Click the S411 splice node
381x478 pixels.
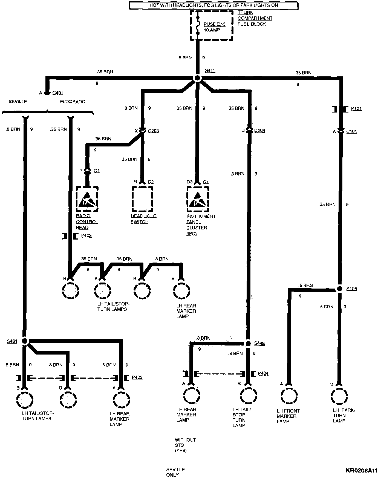tap(197, 79)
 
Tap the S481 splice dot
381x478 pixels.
tap(25, 341)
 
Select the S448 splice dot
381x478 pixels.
tap(248, 343)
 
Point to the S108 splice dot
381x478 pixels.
tap(339, 289)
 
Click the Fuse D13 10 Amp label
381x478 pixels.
tap(215, 27)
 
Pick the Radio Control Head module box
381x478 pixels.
tap(87, 199)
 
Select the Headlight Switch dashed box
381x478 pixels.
tap(143, 199)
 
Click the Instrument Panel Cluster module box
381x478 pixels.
tap(198, 199)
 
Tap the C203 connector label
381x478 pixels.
tap(153, 131)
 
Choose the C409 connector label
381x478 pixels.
tap(259, 131)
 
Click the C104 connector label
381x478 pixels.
tap(351, 132)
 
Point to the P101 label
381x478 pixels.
tap(356, 108)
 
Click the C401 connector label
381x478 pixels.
tap(58, 93)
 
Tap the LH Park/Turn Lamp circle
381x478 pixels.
tap(339, 396)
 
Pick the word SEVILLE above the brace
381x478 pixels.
tap(18, 102)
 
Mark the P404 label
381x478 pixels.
tap(263, 373)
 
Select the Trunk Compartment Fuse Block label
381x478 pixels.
tap(255, 18)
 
